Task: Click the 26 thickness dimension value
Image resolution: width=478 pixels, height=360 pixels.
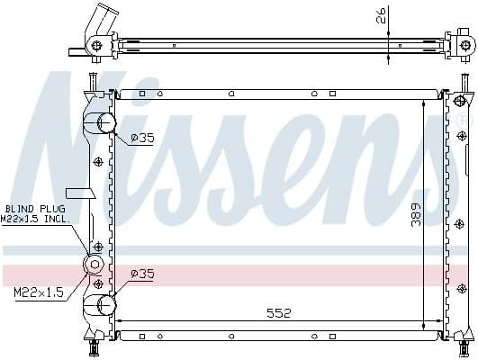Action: [x=383, y=14]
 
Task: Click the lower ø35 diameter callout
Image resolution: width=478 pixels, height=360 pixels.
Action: [x=142, y=274]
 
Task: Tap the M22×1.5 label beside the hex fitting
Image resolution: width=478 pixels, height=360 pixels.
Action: [x=39, y=292]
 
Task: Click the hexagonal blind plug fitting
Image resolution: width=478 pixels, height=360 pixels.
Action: [x=92, y=264]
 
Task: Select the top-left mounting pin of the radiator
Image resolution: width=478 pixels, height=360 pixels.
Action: [x=91, y=84]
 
